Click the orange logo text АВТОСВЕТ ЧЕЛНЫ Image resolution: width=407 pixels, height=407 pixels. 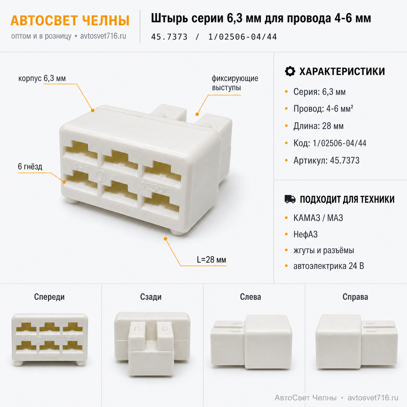point(70,21)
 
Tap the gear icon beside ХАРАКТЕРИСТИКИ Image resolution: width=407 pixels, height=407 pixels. point(290,71)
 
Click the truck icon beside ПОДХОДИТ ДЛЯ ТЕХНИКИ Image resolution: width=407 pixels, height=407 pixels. point(290,199)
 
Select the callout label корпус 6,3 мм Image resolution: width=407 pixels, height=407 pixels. point(42,78)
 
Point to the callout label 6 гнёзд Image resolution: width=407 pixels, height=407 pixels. point(30,166)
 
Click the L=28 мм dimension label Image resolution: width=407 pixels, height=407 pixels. point(211,260)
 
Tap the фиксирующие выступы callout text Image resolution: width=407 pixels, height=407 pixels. point(235,83)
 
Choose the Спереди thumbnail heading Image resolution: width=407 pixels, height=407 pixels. point(49,297)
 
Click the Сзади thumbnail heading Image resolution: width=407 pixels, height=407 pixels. point(151,297)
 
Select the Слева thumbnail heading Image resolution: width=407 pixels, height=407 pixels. point(251,297)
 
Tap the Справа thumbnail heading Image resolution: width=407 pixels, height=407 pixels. point(355,297)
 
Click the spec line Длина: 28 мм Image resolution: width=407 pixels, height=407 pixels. point(318,126)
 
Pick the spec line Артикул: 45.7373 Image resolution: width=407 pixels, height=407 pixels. point(326,161)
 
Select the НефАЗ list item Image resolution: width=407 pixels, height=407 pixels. point(305,234)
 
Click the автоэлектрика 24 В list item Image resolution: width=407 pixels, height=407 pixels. point(329,266)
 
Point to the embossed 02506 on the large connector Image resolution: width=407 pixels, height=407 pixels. point(154,188)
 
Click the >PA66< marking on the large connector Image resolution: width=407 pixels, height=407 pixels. point(121,207)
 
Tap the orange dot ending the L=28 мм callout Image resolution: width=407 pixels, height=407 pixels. point(166,239)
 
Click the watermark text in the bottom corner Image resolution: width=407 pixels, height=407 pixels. point(337,398)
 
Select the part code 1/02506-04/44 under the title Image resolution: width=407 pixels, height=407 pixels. point(242,37)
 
